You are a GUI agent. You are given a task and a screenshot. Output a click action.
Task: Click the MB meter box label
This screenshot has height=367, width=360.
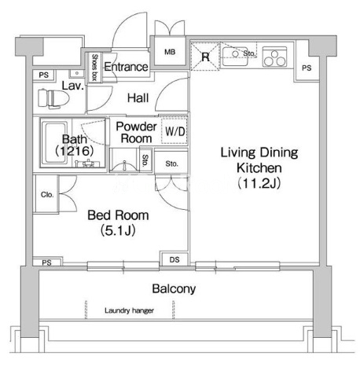click(x=170, y=52)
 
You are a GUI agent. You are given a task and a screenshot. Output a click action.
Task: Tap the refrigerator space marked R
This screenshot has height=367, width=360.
click(x=205, y=57)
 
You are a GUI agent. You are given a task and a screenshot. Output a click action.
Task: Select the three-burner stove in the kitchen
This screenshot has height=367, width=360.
click(x=274, y=57)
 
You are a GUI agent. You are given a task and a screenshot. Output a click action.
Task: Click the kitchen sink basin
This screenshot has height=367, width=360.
click(x=235, y=57)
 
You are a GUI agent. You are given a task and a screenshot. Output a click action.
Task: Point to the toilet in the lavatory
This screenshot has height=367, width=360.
click(x=53, y=99)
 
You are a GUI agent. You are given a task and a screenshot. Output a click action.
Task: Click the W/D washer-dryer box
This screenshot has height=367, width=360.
click(x=174, y=130)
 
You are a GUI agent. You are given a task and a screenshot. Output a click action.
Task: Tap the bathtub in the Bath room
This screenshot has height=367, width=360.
click(x=56, y=142)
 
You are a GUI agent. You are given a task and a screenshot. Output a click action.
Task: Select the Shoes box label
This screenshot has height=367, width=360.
click(x=94, y=68)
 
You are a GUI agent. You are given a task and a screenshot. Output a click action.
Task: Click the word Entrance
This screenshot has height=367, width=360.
click(x=126, y=67)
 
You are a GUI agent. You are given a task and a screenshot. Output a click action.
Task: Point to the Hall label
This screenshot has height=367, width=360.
click(x=138, y=98)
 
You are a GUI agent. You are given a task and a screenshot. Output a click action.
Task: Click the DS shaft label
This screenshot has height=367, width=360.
click(x=174, y=259)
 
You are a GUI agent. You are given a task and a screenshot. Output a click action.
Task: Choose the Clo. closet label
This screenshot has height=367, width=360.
click(x=47, y=195)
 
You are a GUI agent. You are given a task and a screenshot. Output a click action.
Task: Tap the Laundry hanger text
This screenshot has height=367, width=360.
click(x=129, y=310)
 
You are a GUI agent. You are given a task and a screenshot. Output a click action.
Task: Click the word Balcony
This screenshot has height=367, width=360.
click(x=174, y=288)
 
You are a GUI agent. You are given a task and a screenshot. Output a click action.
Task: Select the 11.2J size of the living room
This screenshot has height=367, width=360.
click(x=259, y=184)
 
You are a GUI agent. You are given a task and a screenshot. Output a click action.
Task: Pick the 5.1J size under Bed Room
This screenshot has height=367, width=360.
click(x=118, y=231)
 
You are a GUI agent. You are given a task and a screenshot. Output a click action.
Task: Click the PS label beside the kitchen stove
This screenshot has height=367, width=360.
click(x=307, y=68)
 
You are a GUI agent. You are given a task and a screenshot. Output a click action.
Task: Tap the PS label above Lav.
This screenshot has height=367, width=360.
click(x=44, y=75)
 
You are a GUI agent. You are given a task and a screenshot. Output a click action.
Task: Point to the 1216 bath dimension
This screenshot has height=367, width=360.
click(x=75, y=151)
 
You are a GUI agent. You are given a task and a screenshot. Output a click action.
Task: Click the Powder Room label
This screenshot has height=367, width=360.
click(x=136, y=132)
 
